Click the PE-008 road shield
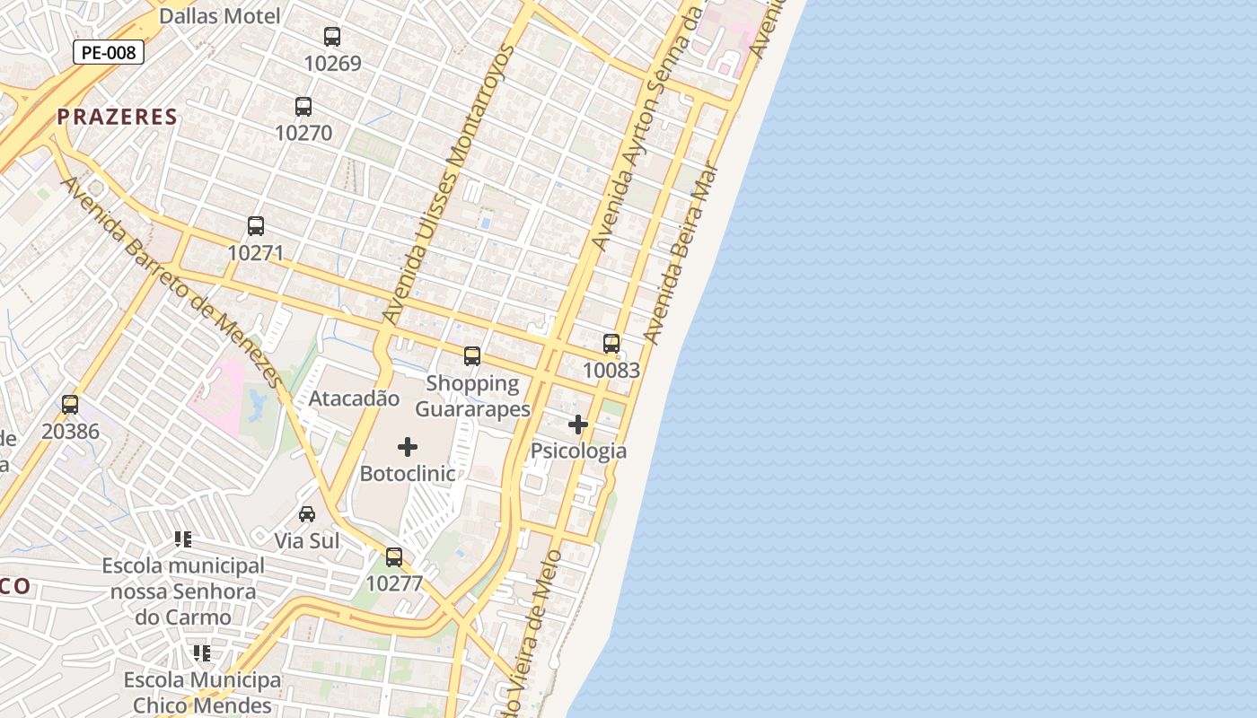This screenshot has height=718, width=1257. click(109, 52)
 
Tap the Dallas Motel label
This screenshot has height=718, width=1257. click(219, 15)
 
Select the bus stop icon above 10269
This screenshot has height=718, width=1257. click(332, 37)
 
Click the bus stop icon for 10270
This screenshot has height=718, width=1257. click(303, 107)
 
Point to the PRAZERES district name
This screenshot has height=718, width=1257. click(118, 117)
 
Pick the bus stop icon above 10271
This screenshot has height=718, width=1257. click(256, 226)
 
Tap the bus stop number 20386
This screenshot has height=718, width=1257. click(70, 432)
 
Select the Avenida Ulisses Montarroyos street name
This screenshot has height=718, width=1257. click(446, 184)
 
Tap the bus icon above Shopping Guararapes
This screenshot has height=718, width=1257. click(472, 356)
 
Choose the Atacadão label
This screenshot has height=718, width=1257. click(354, 398)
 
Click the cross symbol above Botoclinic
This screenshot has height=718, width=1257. click(408, 447)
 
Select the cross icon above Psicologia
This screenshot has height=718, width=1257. click(578, 425)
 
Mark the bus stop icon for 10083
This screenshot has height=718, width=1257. click(611, 344)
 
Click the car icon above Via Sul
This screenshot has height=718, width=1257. click(307, 514)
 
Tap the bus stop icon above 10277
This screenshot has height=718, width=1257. click(394, 557)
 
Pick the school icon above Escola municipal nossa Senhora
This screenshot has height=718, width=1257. click(183, 539)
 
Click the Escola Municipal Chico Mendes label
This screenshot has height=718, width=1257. click(202, 692)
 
